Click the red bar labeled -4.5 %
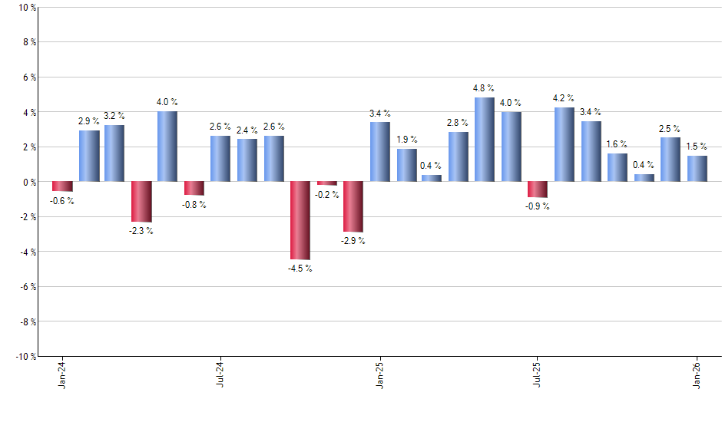[x=300, y=220]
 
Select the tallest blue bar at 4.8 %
[x=485, y=140]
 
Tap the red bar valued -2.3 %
[x=141, y=202]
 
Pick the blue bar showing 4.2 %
[x=564, y=144]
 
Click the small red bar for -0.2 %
[x=326, y=183]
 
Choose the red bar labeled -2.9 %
[x=353, y=206]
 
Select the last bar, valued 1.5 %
[x=697, y=169]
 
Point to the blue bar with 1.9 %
[x=406, y=165]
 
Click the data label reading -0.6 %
[x=61, y=201]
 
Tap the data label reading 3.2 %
[x=114, y=116]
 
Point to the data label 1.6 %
[x=617, y=144]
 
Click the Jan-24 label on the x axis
[x=62, y=376]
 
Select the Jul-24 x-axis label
[x=220, y=376]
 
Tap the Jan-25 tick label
[x=379, y=376]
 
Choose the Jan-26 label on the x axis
[x=697, y=376]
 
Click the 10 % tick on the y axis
[x=25, y=8]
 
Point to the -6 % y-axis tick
[x=25, y=286]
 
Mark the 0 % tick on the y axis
[x=28, y=182]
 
